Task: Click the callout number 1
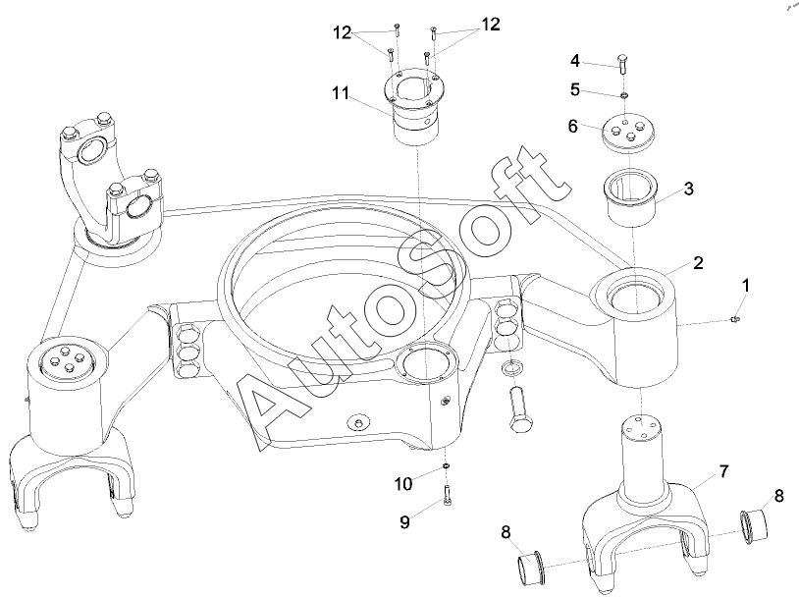pyautogui.click(x=745, y=286)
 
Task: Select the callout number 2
pyautogui.click(x=698, y=262)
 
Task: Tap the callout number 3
pyautogui.click(x=688, y=189)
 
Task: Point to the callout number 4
pyautogui.click(x=575, y=61)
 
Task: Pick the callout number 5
pyautogui.click(x=575, y=90)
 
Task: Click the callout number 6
pyautogui.click(x=573, y=126)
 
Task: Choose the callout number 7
pyautogui.click(x=724, y=471)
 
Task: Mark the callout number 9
pyautogui.click(x=404, y=522)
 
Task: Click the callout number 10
pyautogui.click(x=403, y=484)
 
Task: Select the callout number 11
pyautogui.click(x=341, y=93)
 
